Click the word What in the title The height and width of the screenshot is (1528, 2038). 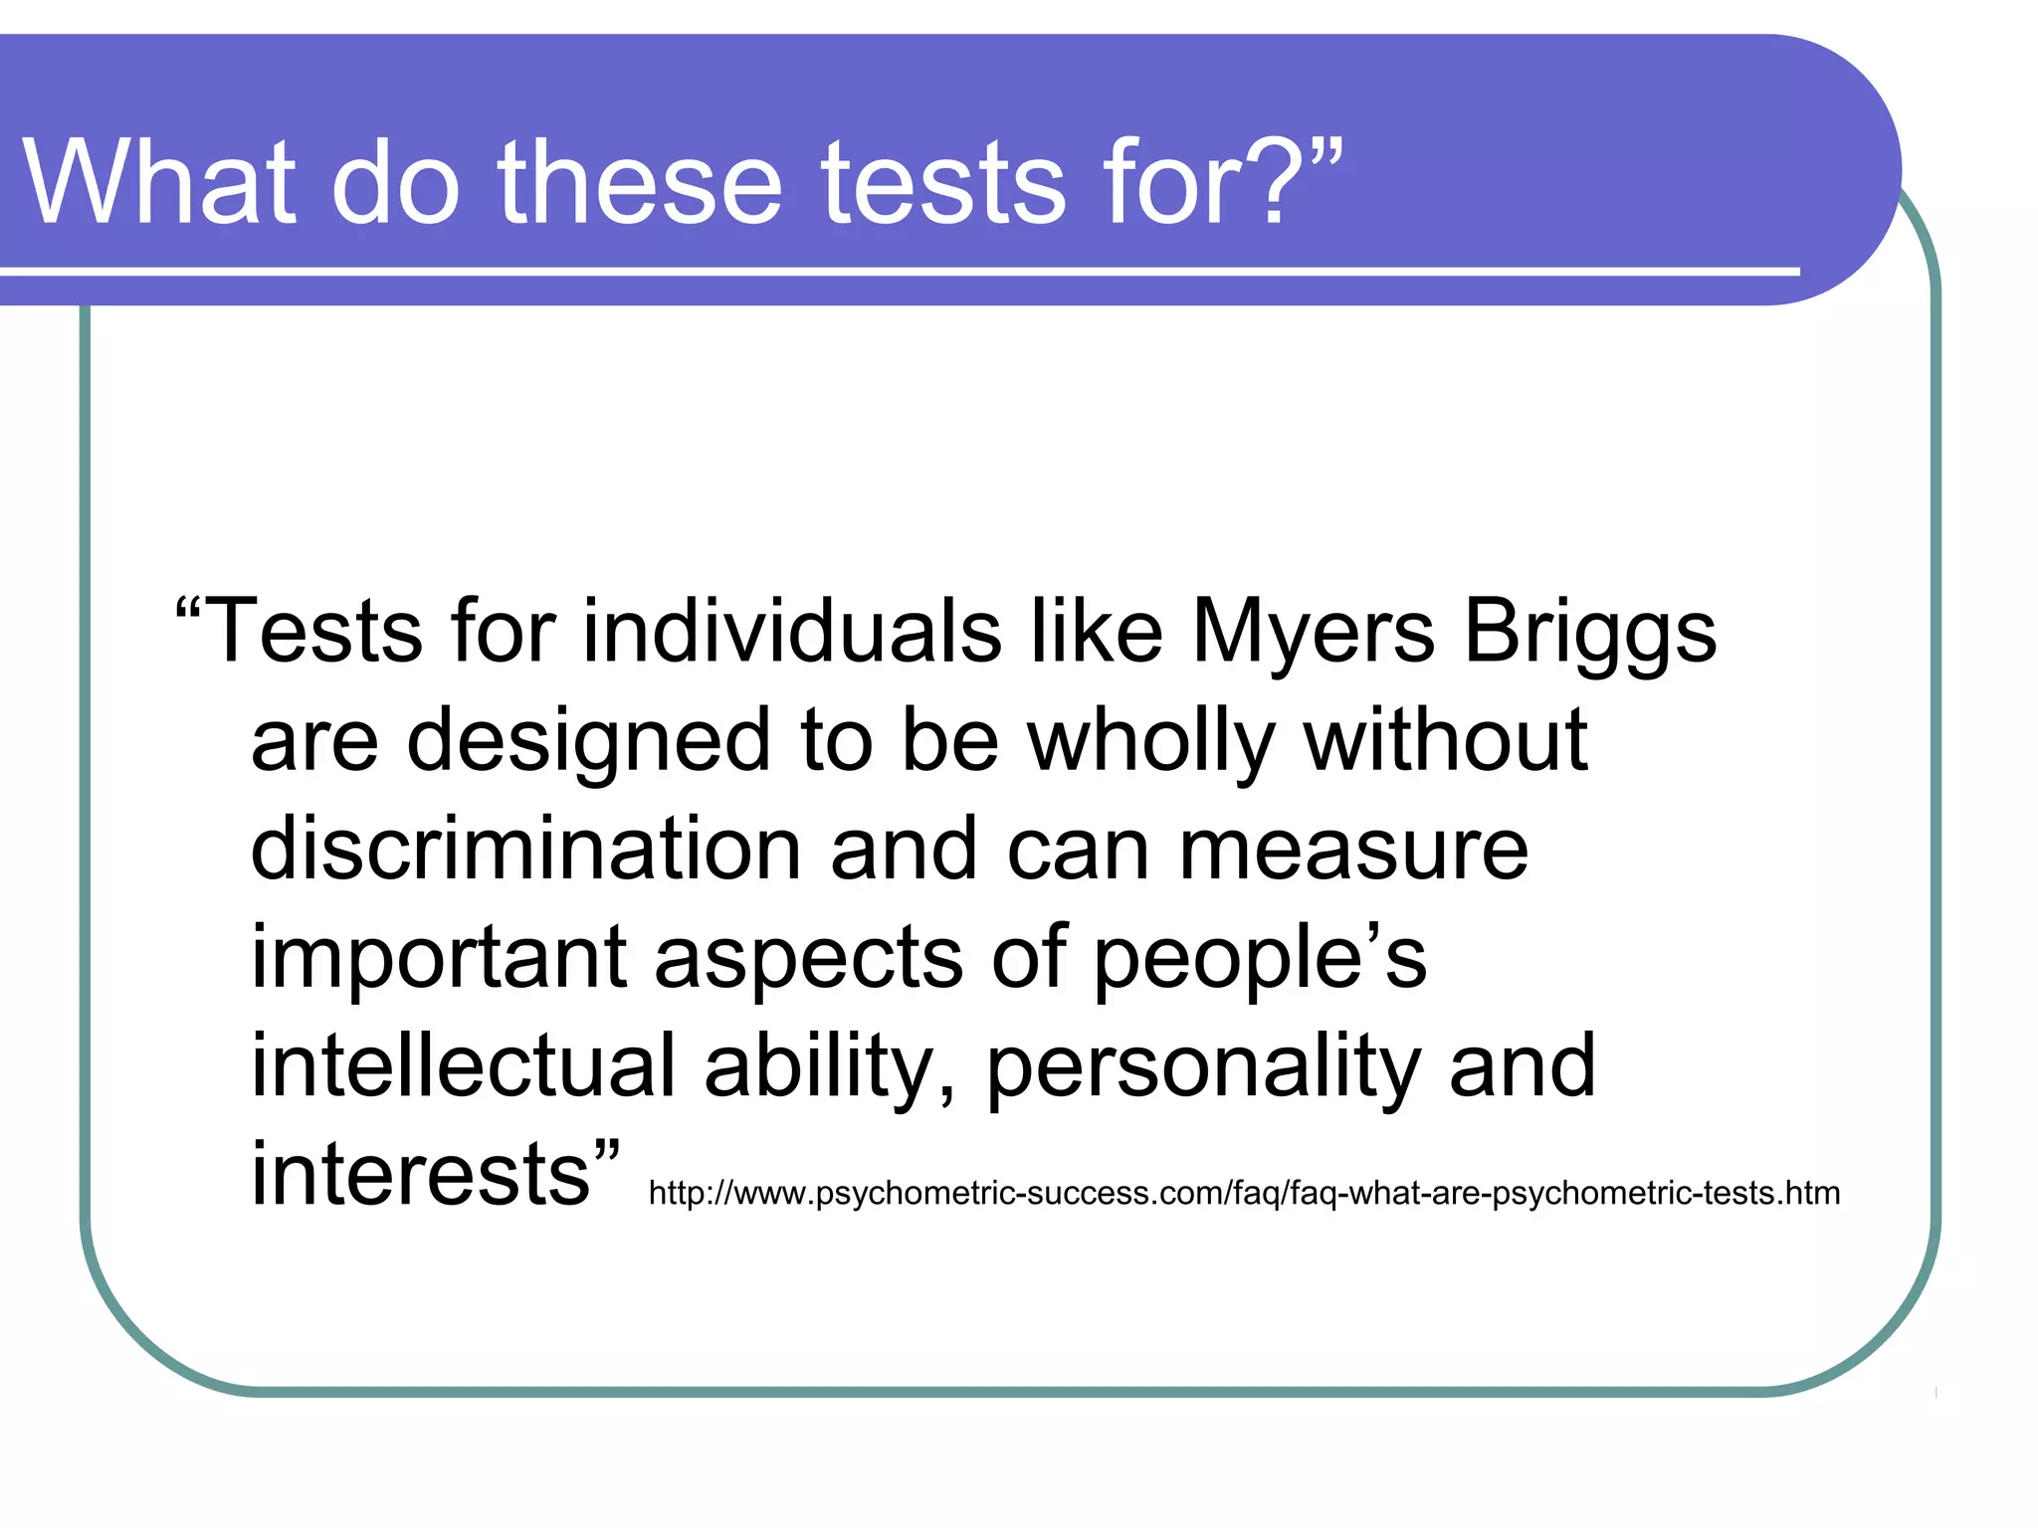coord(159,182)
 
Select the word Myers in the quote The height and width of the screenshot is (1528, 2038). coord(1313,633)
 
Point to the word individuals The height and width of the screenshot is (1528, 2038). coord(791,633)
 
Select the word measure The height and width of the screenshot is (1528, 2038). coord(1353,851)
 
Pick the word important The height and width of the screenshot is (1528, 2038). coord(438,959)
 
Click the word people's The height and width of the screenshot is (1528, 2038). coord(1259,959)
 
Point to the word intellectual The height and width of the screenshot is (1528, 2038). coord(463,1066)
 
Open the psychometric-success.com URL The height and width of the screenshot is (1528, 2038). coord(1244,1193)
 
